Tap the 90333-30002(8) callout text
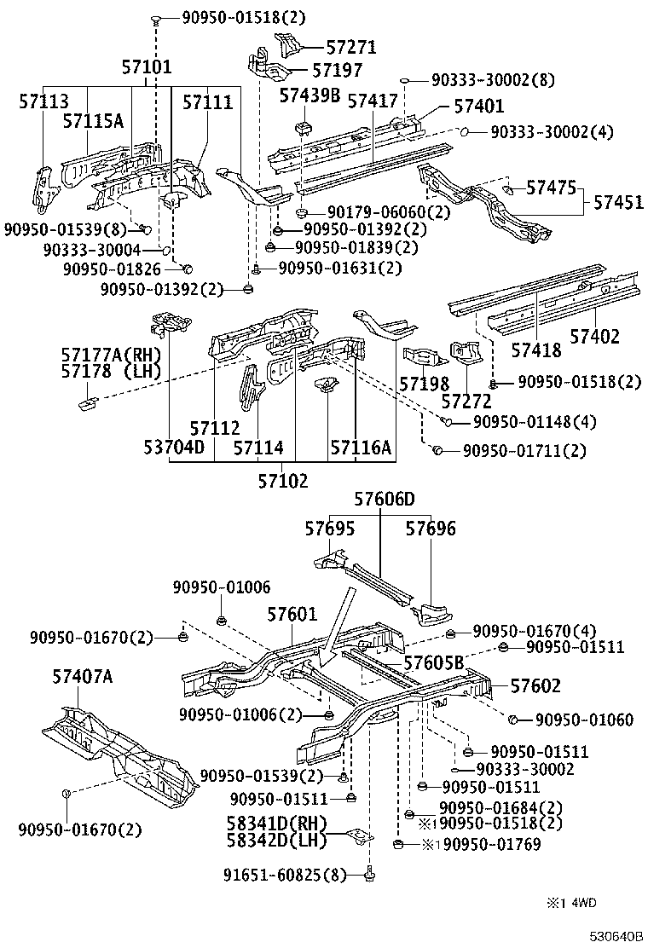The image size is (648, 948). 492,80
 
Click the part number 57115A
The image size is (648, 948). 92,122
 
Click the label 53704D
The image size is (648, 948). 173,447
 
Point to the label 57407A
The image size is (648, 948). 82,678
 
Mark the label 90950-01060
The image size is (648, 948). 584,720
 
